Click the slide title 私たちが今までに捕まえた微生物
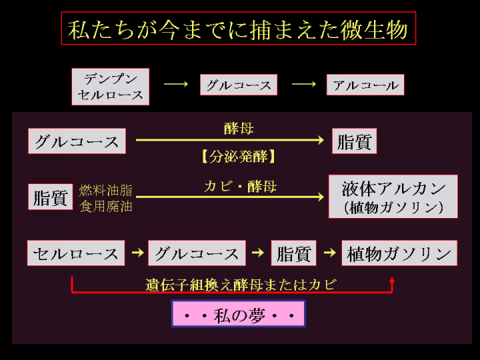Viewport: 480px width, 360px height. click(x=238, y=29)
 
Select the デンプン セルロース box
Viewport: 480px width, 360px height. click(x=111, y=87)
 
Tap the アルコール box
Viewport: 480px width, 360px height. click(x=365, y=85)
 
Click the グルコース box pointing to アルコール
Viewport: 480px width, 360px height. click(x=239, y=85)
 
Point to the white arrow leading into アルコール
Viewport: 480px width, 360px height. click(x=303, y=85)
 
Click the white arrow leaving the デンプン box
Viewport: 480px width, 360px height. click(x=176, y=85)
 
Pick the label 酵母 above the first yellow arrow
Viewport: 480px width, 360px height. click(x=238, y=128)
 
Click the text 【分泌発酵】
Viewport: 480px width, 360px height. click(x=238, y=157)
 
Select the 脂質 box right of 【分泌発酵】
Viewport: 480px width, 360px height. click(x=354, y=142)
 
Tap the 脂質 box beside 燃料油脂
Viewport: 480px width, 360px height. click(x=52, y=198)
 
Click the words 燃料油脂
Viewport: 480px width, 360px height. click(x=106, y=191)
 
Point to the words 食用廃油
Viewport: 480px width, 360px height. click(x=106, y=207)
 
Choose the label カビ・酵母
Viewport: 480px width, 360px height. click(x=239, y=187)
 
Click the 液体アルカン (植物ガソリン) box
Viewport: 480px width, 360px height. click(x=393, y=197)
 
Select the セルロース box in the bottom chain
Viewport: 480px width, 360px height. click(x=76, y=253)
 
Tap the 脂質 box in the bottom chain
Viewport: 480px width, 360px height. click(x=293, y=253)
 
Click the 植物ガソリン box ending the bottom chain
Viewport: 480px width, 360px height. click(x=399, y=253)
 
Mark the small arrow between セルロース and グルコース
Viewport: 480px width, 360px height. click(x=137, y=253)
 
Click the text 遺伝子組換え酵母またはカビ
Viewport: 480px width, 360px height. click(x=240, y=285)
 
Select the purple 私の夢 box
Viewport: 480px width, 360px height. click(x=238, y=314)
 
